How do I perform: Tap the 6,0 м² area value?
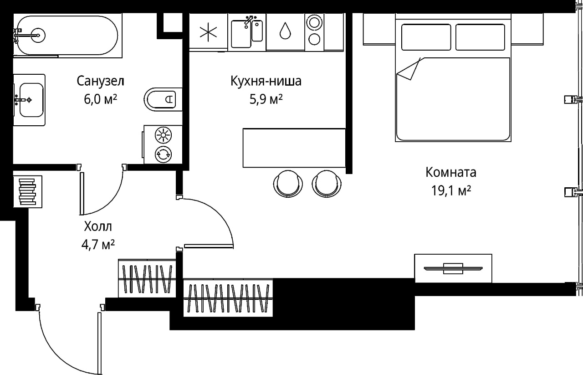tap(101, 99)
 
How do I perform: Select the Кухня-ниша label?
tap(266, 82)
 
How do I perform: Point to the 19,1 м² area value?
tap(451, 190)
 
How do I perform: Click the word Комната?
tap(451, 173)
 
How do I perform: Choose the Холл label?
tap(97, 226)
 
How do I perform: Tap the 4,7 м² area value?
tap(97, 245)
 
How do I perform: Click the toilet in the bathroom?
tap(162, 98)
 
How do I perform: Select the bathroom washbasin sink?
tap(30, 99)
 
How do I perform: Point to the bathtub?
tap(68, 35)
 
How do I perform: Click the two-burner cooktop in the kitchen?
tap(314, 31)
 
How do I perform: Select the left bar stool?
tap(289, 183)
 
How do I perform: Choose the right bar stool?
tap(326, 183)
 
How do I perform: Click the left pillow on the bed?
tap(426, 37)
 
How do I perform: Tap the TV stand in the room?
tap(453, 268)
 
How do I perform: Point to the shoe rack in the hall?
tap(27, 191)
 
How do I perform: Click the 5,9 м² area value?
tap(266, 99)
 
